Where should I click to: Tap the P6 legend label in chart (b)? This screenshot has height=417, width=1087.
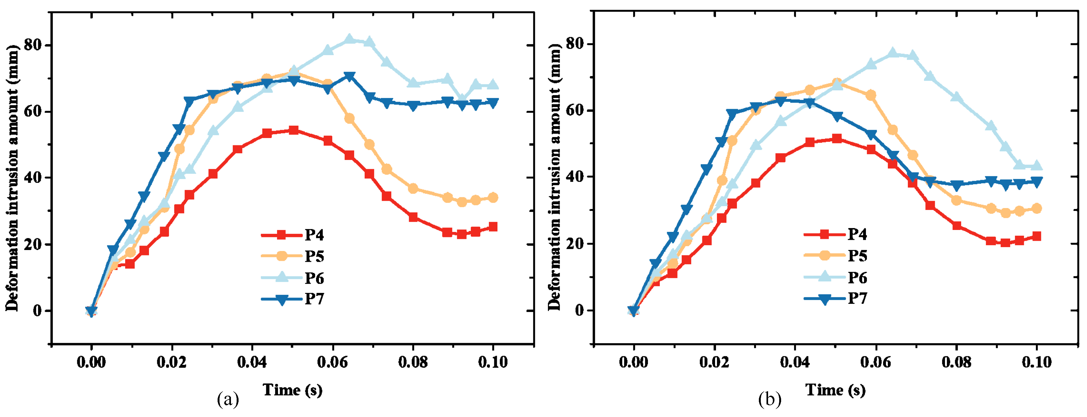[857, 278]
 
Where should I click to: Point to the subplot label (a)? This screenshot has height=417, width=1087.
[228, 399]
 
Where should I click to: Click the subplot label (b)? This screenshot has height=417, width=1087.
[770, 399]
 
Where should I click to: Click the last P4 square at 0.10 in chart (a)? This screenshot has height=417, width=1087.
[492, 227]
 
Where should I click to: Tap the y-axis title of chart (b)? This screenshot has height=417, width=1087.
[555, 177]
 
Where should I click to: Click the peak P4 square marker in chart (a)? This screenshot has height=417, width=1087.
[294, 130]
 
